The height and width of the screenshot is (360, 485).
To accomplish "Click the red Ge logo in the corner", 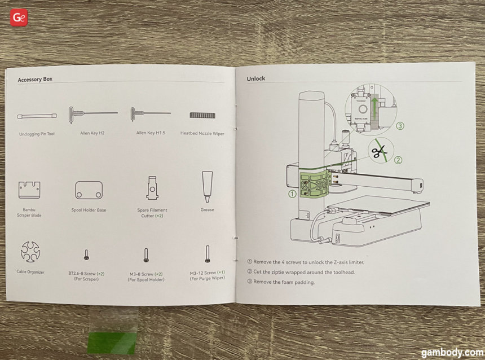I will point(19,17).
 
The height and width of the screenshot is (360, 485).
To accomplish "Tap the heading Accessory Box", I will point(35,80).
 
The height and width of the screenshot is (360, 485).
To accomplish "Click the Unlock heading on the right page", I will point(255,78).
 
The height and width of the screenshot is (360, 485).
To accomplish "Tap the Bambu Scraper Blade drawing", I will point(29,190).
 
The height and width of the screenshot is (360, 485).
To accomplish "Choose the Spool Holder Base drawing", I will point(89,190).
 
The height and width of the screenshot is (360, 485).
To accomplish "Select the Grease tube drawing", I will point(207,187).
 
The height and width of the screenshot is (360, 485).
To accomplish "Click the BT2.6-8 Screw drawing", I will point(86,254).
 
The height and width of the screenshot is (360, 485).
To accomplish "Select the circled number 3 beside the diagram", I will point(400,126).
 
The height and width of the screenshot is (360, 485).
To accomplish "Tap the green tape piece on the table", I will point(112,342).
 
